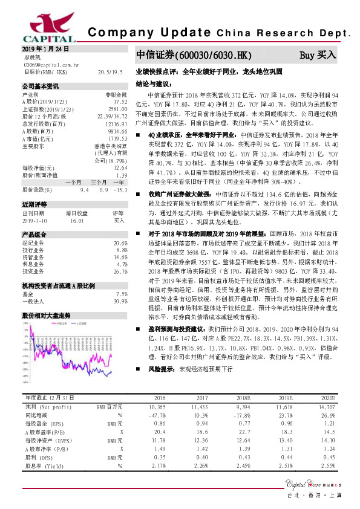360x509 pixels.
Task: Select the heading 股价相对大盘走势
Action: coord(47,315)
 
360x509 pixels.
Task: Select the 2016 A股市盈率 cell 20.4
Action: coord(160,432)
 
